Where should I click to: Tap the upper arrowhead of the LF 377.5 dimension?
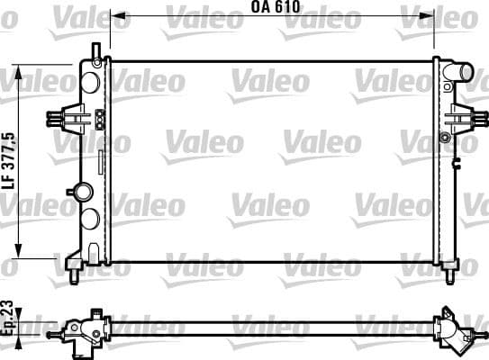point(20,70)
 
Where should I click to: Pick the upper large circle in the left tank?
point(90,81)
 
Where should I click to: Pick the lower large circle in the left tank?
point(90,219)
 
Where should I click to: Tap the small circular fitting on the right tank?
point(445,137)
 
